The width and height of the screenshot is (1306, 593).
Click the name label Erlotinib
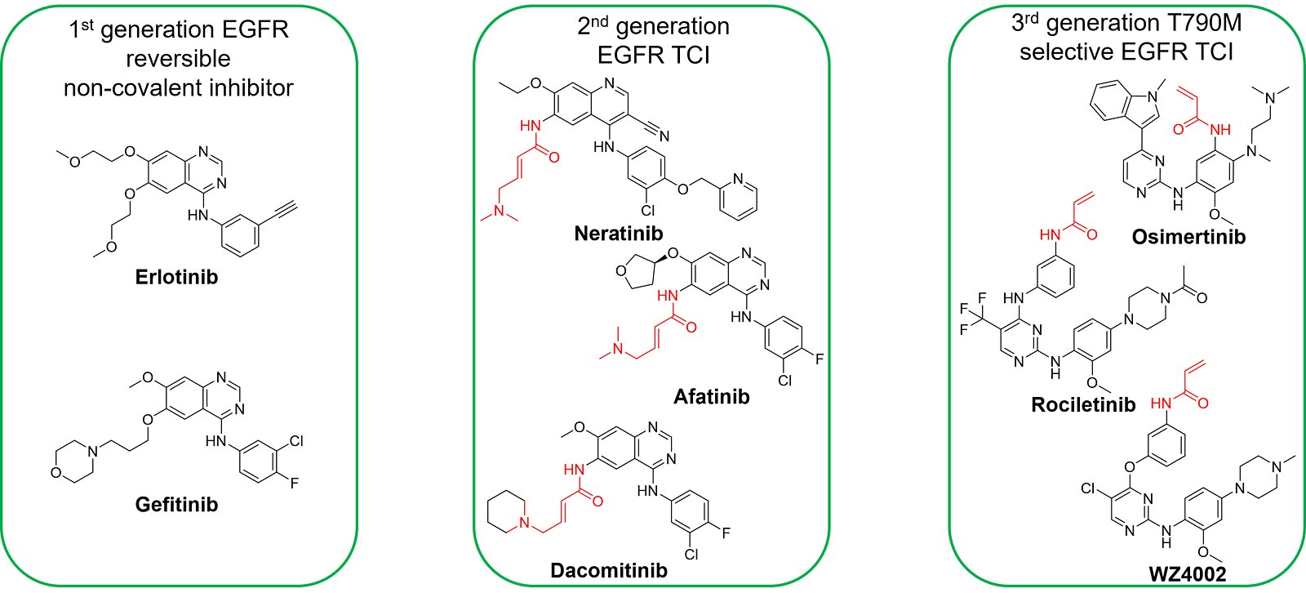pos(176,277)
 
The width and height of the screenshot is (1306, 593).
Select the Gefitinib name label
pos(176,505)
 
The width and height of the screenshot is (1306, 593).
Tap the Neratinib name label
pos(618,234)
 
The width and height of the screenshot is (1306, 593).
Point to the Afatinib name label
pos(711,397)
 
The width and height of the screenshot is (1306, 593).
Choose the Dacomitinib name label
pos(608,571)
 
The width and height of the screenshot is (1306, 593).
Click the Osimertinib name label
pos(1188,238)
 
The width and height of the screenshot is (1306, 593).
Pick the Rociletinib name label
pos(1083,405)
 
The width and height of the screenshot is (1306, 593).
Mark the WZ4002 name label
pos(1187,574)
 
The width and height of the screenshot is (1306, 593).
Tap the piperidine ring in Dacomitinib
pos(506,513)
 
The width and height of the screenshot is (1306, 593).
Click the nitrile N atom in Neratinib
pos(664,136)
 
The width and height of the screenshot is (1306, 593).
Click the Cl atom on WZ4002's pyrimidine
pos(1087,488)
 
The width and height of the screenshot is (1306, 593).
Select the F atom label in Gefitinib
pos(294,483)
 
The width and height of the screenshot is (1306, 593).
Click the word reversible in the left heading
pos(178,59)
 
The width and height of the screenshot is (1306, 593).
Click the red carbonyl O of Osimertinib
pos(1179,129)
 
